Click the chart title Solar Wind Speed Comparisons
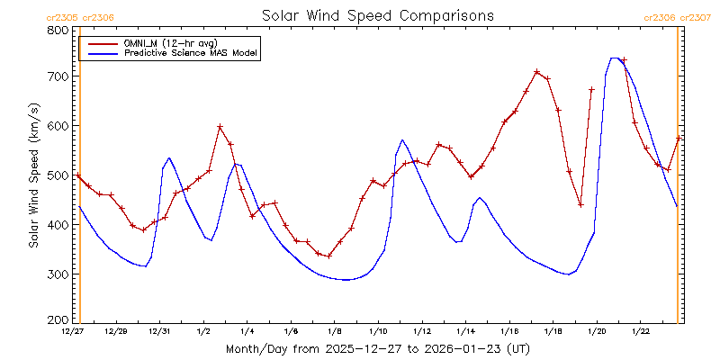click(x=377, y=16)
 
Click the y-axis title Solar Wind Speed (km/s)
click(x=34, y=175)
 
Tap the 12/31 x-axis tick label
click(x=159, y=332)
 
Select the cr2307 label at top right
click(x=697, y=17)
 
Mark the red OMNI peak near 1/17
click(x=536, y=72)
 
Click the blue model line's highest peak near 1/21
click(x=615, y=58)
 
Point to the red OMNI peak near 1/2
click(x=220, y=127)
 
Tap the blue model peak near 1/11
click(x=402, y=139)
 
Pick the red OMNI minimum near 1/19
click(x=580, y=205)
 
